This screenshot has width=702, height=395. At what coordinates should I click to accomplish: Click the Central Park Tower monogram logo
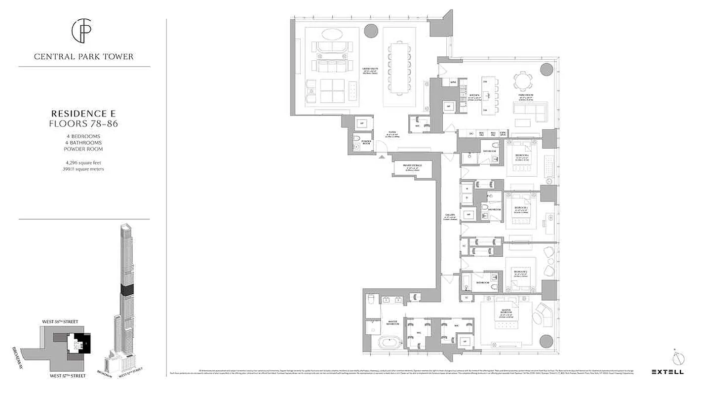click(x=83, y=31)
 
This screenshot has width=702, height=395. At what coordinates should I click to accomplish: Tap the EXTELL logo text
click(x=667, y=372)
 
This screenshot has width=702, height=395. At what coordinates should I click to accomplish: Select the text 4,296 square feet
click(x=83, y=162)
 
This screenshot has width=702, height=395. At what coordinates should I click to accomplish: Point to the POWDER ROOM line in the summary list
click(x=83, y=149)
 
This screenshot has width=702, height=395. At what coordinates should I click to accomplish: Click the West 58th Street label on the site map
click(x=60, y=322)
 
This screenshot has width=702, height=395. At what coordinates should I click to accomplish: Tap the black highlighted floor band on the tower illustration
click(x=127, y=290)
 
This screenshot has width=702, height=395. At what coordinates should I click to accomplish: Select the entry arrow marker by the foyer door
click(x=382, y=157)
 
